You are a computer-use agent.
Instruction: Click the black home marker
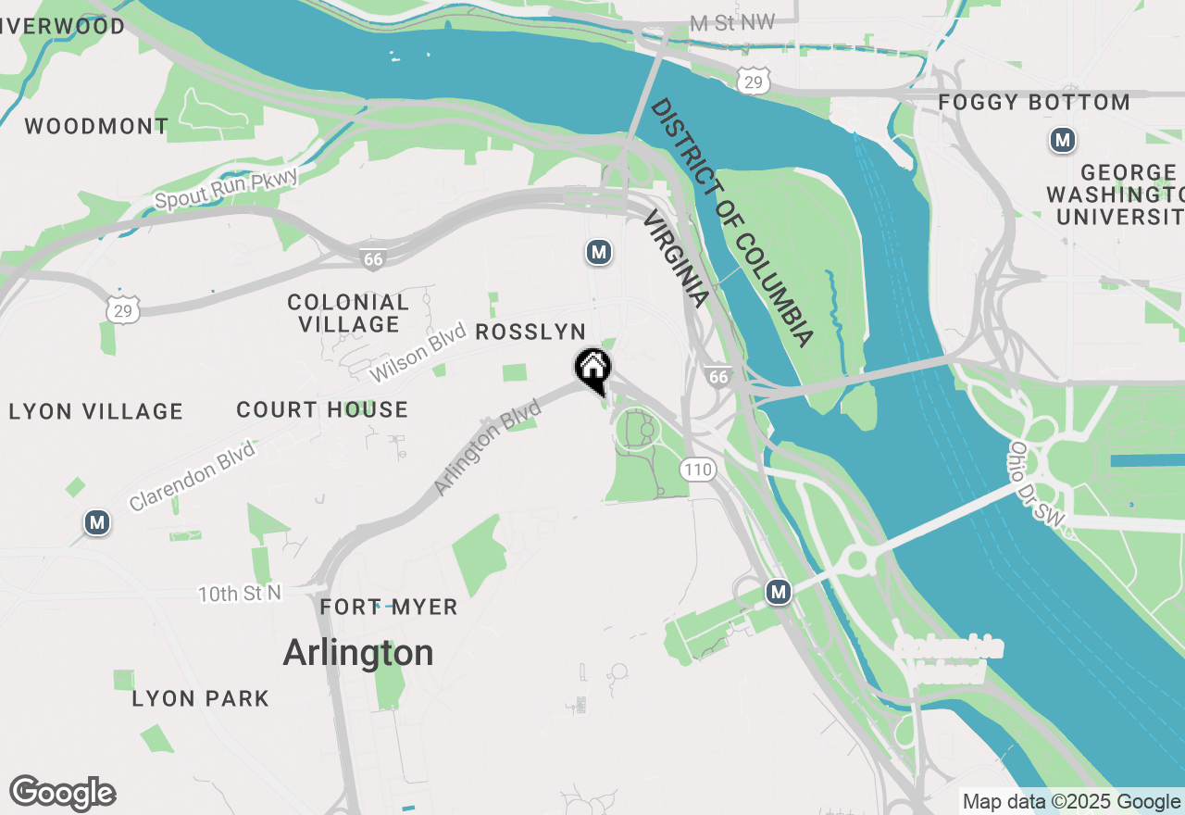click(x=592, y=369)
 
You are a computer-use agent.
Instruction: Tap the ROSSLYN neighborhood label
click(x=530, y=332)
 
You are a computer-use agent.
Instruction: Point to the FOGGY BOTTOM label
click(x=1034, y=102)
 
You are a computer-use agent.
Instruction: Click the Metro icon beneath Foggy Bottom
click(x=1063, y=141)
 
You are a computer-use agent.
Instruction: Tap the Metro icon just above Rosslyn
click(x=599, y=252)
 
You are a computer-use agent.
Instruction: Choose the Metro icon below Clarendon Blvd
click(x=97, y=522)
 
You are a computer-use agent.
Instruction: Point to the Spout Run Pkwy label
click(x=227, y=188)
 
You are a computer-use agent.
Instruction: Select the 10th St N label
click(x=239, y=593)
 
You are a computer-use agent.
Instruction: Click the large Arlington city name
click(x=358, y=653)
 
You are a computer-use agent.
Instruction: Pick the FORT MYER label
click(x=389, y=608)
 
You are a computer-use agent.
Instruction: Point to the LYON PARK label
click(x=201, y=698)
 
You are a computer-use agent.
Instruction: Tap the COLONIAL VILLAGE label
click(x=348, y=313)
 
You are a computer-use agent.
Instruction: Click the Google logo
click(x=63, y=794)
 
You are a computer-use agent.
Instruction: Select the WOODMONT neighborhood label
click(x=96, y=126)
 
